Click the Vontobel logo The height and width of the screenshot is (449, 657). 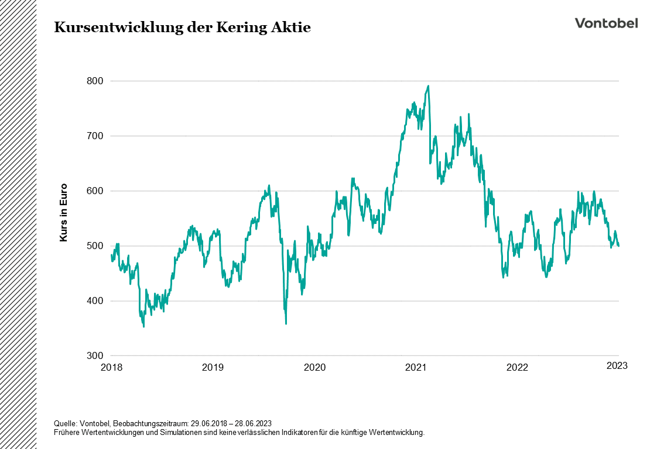(606, 23)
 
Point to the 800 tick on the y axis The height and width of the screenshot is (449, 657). (95, 81)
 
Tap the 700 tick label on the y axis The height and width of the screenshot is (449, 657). (95, 136)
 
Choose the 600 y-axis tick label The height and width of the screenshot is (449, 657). (95, 191)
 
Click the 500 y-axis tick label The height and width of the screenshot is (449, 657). (95, 246)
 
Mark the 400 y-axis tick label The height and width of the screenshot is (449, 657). (95, 301)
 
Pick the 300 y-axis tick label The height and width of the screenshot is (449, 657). (95, 355)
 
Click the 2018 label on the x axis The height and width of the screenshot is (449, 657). (111, 367)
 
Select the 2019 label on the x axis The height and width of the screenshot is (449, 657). (213, 367)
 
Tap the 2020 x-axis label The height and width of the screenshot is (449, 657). (314, 367)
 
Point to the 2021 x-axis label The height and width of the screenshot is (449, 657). (416, 367)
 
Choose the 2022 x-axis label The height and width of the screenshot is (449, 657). (517, 367)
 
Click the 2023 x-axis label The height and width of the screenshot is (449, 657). (617, 366)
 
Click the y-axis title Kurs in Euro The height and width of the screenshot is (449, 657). (64, 213)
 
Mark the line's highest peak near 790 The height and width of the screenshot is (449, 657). (428, 86)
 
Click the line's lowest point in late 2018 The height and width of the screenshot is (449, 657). (143, 326)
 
